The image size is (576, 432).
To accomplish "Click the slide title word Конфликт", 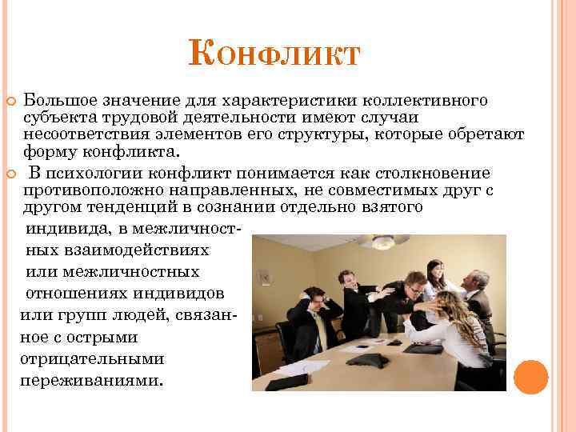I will tap(275, 56).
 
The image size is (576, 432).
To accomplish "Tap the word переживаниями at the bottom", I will tap(90, 380).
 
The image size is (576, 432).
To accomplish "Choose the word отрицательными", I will tap(79, 358).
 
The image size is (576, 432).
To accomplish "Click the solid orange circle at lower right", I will tap(530, 376).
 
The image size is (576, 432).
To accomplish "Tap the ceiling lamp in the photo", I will tap(372, 240).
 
